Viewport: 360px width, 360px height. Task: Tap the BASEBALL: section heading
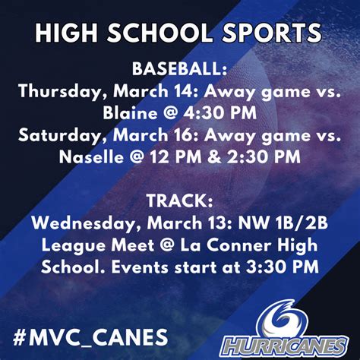point(180,69)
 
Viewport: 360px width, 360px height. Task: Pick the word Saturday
point(51,135)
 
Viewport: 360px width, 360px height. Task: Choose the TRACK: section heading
point(180,201)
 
